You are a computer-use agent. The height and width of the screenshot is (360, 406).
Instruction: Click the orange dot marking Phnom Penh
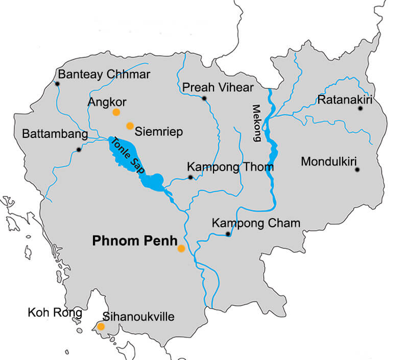(181, 249)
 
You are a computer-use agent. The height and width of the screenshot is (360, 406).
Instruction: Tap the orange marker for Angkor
(116, 112)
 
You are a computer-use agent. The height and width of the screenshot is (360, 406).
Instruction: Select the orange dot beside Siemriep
(130, 126)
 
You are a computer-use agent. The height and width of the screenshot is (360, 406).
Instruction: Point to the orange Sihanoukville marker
(101, 326)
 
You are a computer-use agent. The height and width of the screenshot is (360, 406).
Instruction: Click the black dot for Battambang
(78, 150)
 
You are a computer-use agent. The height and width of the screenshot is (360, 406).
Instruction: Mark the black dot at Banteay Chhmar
(58, 84)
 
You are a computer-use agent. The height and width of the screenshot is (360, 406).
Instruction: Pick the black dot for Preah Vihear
(204, 98)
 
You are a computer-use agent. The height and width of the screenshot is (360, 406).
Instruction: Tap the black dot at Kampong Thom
(190, 177)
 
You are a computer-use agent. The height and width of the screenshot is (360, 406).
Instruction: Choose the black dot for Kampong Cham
(228, 234)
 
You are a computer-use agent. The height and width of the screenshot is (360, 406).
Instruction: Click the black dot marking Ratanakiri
(361, 108)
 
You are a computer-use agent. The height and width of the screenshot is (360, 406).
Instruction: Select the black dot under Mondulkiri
(357, 170)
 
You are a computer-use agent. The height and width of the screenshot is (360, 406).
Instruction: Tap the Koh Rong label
(55, 313)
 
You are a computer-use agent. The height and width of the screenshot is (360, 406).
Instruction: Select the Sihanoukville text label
(138, 317)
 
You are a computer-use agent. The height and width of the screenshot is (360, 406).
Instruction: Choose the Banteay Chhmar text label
(104, 75)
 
